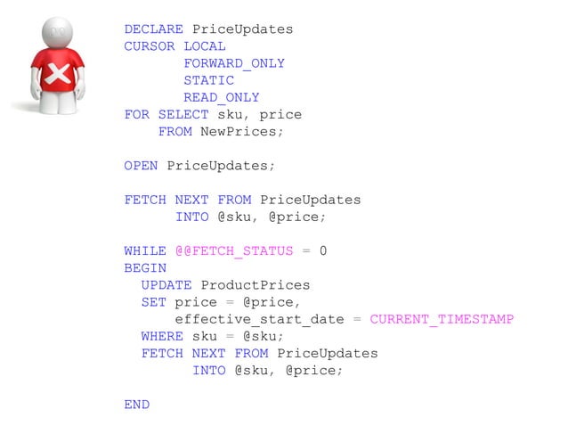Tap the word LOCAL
(205, 46)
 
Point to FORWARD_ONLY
(234, 63)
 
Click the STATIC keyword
(209, 80)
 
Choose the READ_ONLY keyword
(222, 97)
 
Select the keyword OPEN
(141, 166)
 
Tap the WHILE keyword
(145, 251)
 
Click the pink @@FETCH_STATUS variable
(234, 251)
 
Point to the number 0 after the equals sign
(323, 251)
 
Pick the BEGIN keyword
(145, 268)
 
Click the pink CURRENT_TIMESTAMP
(442, 319)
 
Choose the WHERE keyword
(162, 336)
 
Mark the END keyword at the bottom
(137, 405)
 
